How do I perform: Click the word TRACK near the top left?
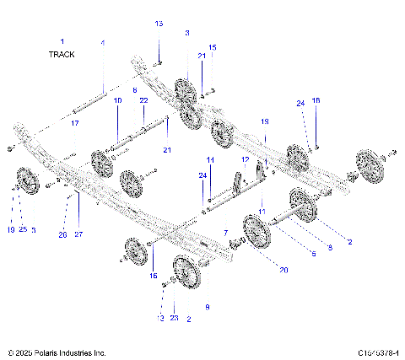pyautogui.click(x=62, y=54)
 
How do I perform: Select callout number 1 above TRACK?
pyautogui.click(x=62, y=40)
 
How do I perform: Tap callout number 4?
pyautogui.click(x=103, y=42)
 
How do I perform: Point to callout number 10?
pyautogui.click(x=118, y=100)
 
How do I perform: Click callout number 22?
pyautogui.click(x=143, y=100)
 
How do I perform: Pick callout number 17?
pyautogui.click(x=74, y=124)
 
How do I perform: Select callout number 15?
pyautogui.click(x=213, y=47)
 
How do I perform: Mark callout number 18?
pyautogui.click(x=316, y=100)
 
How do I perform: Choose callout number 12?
pyautogui.click(x=245, y=159)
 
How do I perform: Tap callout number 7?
pyautogui.click(x=225, y=232)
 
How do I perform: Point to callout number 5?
pyautogui.click(x=314, y=253)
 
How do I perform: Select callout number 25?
pyautogui.click(x=23, y=229)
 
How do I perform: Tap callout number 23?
pyautogui.click(x=174, y=319)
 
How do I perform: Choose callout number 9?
pyautogui.click(x=208, y=284)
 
